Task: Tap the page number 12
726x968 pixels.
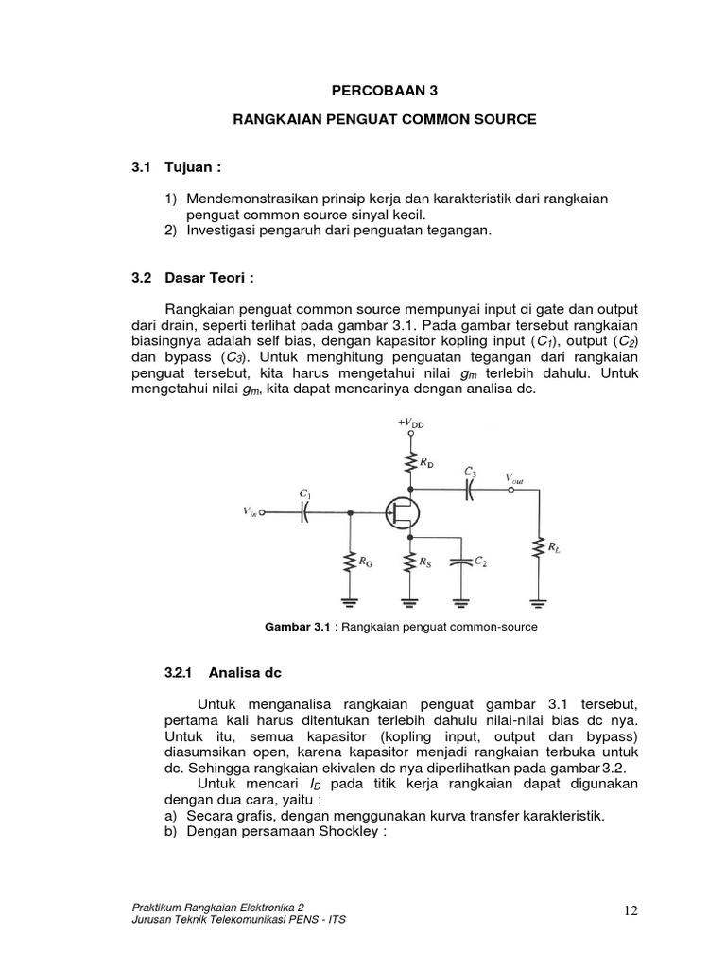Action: [x=631, y=909]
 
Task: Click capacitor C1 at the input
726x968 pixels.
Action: [x=305, y=513]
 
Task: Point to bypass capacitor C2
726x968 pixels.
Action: [x=460, y=563]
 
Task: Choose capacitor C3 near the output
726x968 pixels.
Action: [x=470, y=490]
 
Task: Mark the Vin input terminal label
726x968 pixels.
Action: [x=250, y=513]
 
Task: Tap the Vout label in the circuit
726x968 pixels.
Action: [x=514, y=478]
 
